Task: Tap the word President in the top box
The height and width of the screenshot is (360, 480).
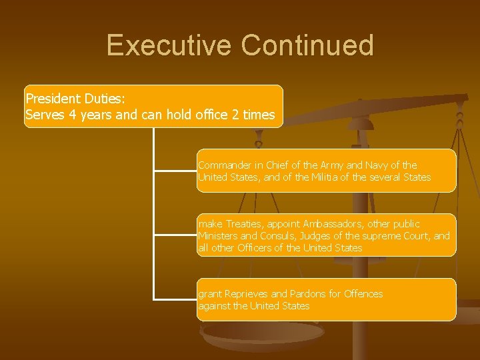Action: click(53, 99)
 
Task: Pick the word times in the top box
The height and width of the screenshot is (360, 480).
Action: click(259, 115)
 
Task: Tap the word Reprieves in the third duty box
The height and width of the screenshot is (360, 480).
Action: click(247, 294)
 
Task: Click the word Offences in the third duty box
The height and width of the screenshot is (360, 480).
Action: click(363, 294)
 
